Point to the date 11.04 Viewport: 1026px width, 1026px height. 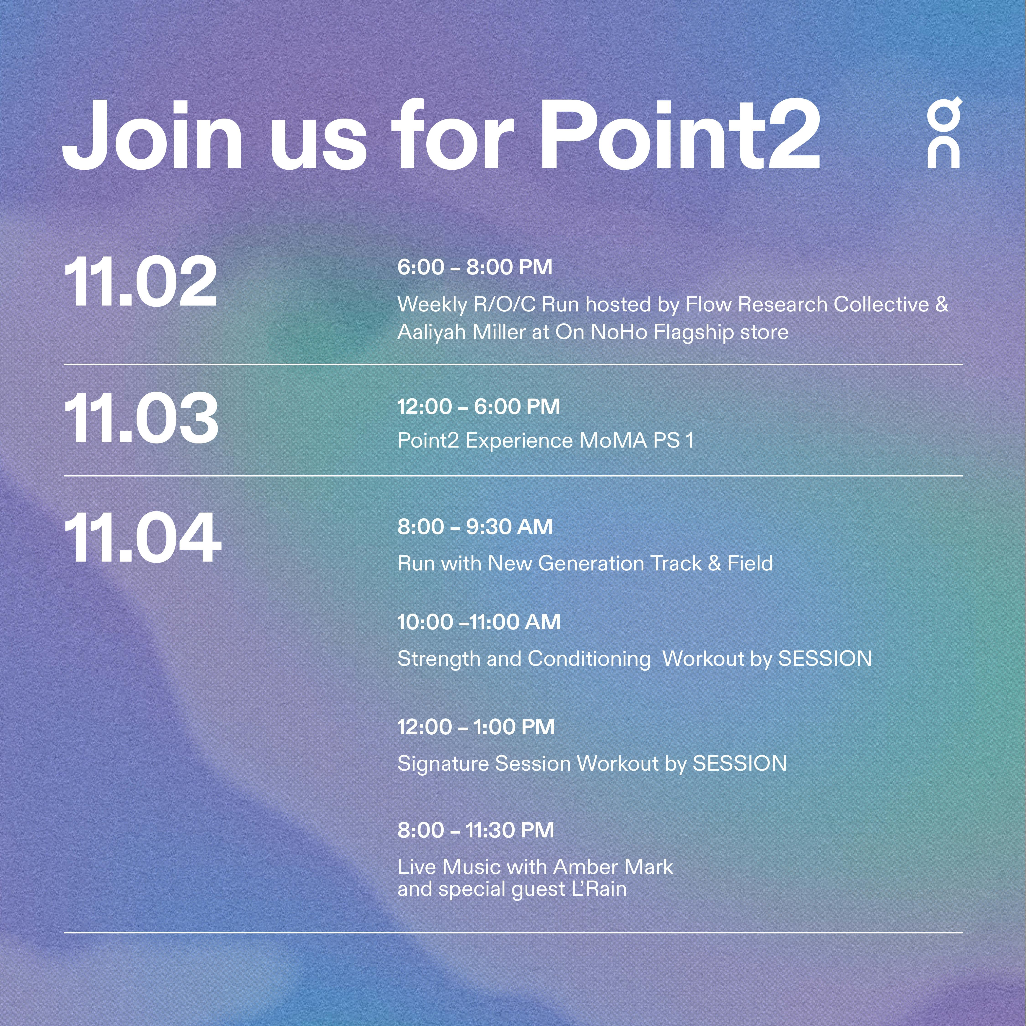click(x=142, y=538)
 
